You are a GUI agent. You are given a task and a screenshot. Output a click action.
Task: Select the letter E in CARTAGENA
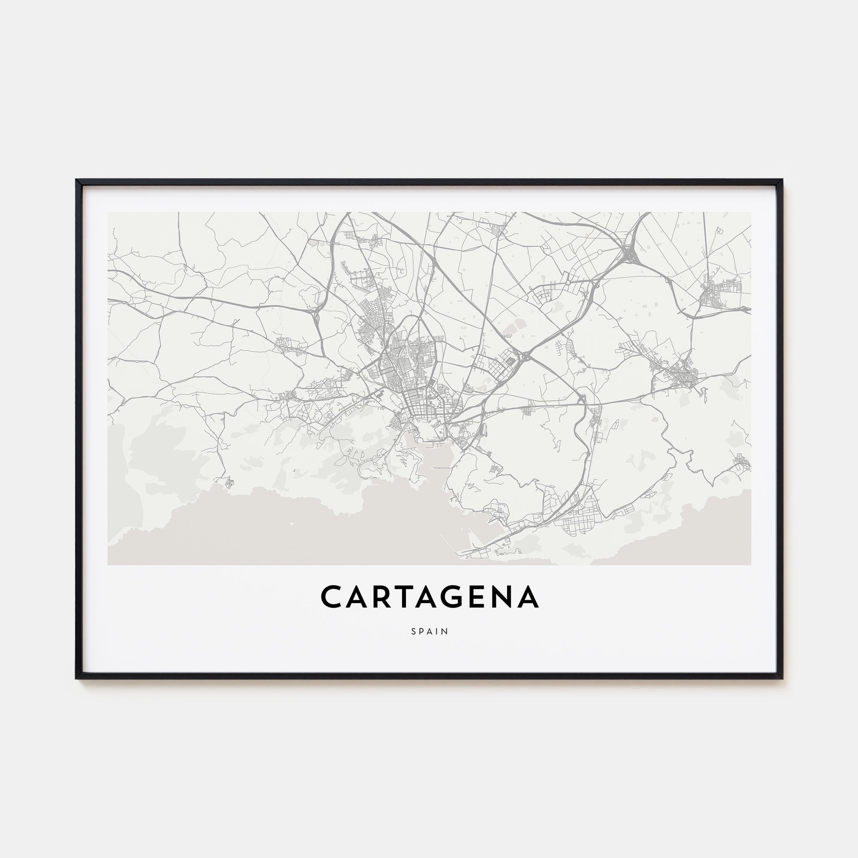(472, 597)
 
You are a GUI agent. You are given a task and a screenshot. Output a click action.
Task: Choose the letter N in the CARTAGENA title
(499, 597)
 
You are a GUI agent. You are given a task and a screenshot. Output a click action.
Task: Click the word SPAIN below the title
(429, 631)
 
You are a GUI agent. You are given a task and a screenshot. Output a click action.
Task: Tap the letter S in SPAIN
(414, 631)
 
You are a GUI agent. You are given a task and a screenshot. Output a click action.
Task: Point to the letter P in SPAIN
(422, 631)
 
